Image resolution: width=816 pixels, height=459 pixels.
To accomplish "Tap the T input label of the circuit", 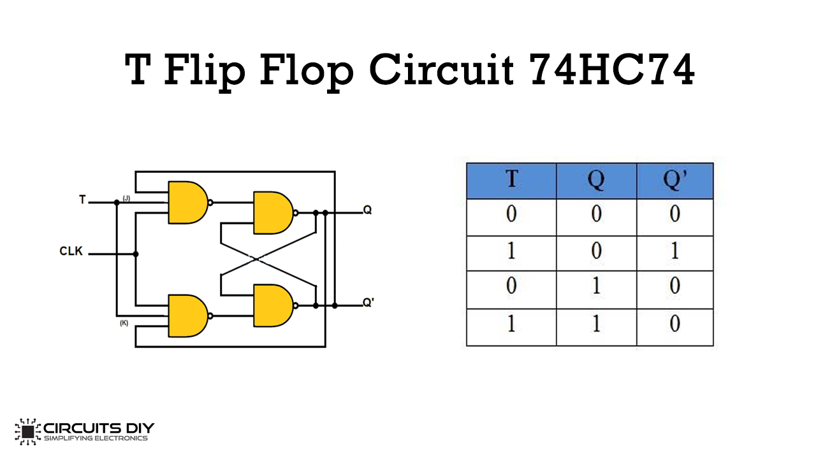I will (82, 200).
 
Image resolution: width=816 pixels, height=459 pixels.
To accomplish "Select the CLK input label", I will (71, 251).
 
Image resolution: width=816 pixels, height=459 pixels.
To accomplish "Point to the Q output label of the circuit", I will (367, 210).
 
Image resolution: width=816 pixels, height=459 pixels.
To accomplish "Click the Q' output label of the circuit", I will (368, 303).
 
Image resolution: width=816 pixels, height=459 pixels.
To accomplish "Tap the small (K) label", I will (124, 323).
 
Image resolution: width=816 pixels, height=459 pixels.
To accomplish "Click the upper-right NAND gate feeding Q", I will (273, 212).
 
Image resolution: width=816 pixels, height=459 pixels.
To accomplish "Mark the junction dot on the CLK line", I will (136, 254).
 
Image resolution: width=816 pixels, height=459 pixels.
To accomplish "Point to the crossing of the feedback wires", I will (256, 259).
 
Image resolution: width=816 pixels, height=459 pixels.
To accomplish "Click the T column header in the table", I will (511, 180).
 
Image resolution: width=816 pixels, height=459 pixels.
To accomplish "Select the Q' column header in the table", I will (674, 180).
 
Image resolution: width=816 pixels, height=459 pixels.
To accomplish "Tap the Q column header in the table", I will (596, 180).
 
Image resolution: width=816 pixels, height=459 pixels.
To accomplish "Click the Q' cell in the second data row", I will (674, 252).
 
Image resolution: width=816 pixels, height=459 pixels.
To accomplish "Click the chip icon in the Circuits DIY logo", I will (27, 432).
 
